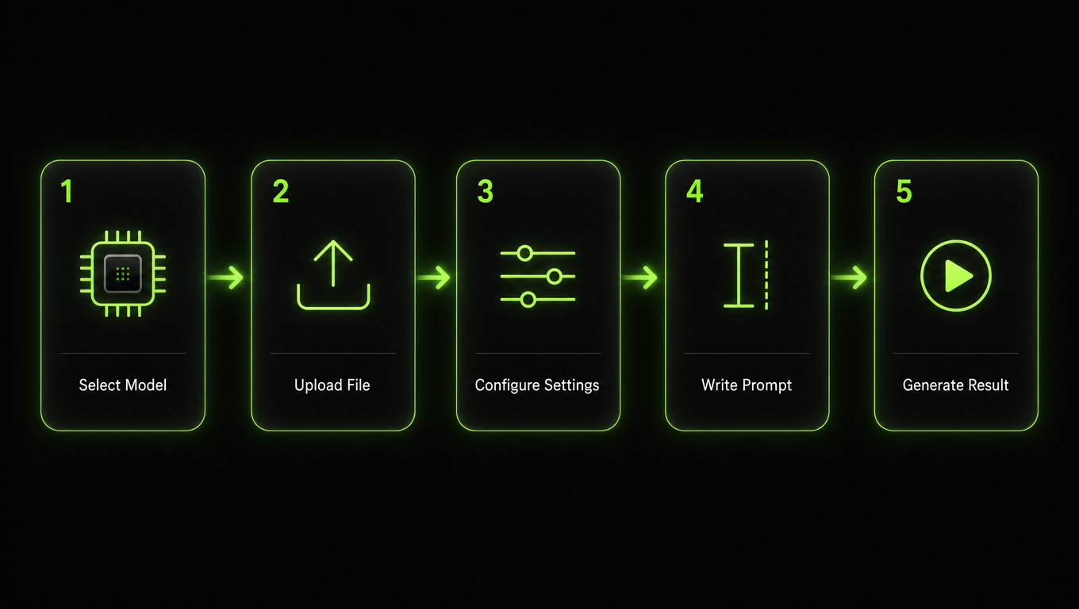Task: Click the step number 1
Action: pos(67,191)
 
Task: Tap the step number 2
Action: pos(280,191)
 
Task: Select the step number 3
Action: pos(485,191)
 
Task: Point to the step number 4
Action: pos(695,191)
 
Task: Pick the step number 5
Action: pos(904,191)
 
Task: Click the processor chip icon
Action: pos(123,274)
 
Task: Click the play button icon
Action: pos(956,276)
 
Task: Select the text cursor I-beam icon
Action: pos(739,275)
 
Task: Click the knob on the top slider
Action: pos(524,253)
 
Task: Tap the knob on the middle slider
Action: pos(555,276)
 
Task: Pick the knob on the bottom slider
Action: pos(528,300)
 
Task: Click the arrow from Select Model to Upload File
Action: pos(225,278)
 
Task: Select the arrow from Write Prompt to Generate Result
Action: pos(849,278)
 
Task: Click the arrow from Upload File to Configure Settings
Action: pos(433,278)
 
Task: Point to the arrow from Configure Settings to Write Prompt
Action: pos(639,278)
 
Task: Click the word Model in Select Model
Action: pos(144,385)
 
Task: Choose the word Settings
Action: pos(572,386)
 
